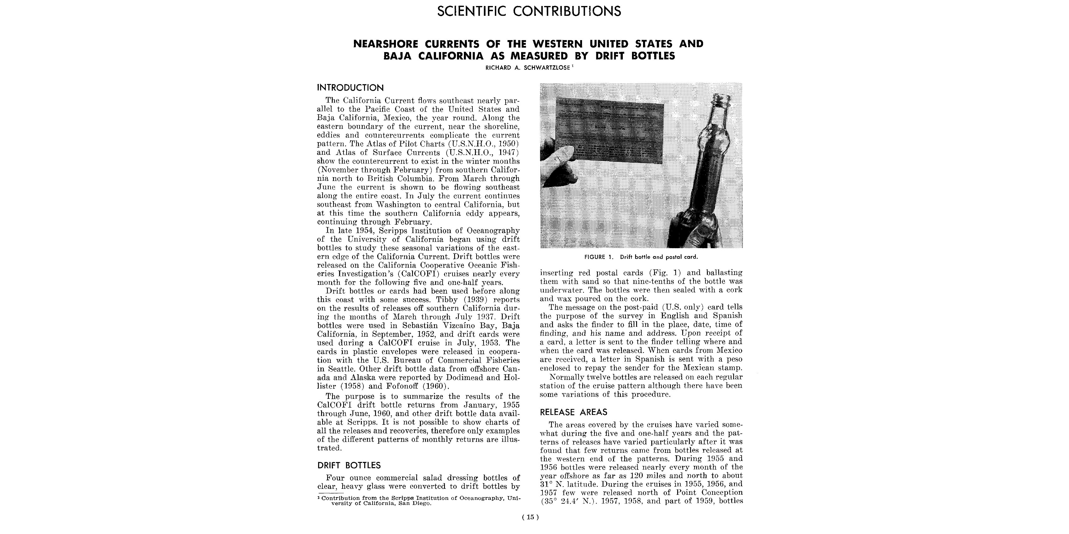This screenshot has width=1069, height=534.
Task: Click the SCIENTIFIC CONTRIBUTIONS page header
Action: [x=529, y=11]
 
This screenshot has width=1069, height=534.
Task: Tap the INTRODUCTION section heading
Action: [x=350, y=87]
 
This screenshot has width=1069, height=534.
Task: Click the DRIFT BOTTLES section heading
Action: [x=349, y=465]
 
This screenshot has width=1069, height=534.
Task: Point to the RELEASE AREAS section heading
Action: [x=573, y=412]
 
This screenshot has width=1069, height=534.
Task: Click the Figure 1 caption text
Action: [x=641, y=257]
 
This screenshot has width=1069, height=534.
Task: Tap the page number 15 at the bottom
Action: [x=530, y=517]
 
